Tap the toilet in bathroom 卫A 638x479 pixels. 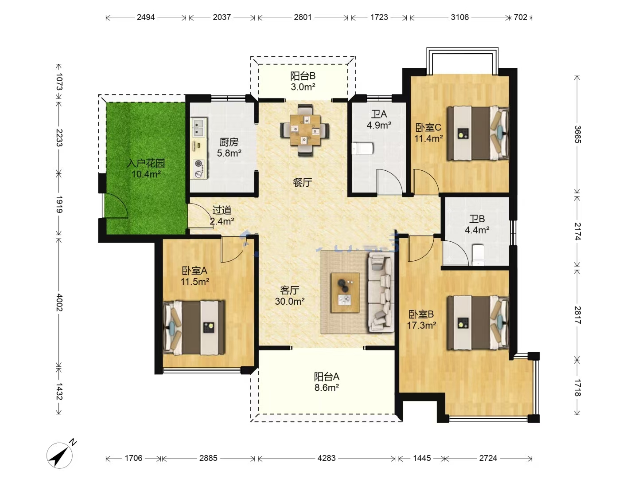[362, 148]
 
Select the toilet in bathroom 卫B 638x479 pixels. [478, 255]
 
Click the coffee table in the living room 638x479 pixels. [345, 293]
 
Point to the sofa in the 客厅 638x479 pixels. [381, 292]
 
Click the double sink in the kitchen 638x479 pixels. [199, 127]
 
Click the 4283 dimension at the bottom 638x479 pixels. [327, 458]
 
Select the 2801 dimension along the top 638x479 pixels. [303, 17]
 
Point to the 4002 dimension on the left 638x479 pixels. [59, 302]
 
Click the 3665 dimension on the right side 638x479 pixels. [578, 134]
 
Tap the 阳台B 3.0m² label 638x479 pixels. [303, 81]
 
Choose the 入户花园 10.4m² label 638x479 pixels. [146, 169]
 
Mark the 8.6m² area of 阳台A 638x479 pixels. [327, 388]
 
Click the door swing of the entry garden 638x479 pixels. [116, 205]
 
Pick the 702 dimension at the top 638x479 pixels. [520, 17]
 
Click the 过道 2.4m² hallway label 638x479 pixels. [222, 216]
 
